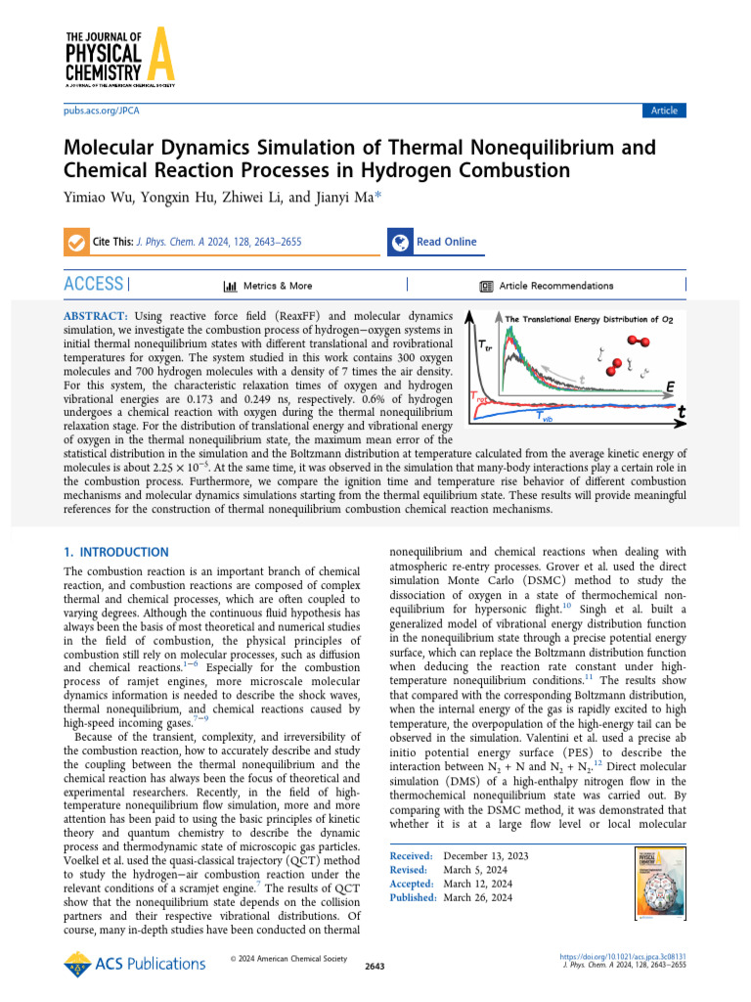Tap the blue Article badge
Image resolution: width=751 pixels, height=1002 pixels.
click(x=664, y=111)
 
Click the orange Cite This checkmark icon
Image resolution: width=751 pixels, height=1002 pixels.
click(x=74, y=242)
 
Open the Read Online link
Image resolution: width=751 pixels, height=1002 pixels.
click(x=446, y=242)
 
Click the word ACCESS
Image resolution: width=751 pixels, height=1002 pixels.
click(x=93, y=285)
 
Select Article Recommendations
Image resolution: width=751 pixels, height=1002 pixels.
click(x=556, y=286)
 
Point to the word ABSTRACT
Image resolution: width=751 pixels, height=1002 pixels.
click(x=95, y=318)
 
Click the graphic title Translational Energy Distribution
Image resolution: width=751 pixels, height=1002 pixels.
click(x=588, y=319)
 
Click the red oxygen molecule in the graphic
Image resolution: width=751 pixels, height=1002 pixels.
click(x=634, y=341)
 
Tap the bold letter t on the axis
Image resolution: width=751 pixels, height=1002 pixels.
click(x=682, y=415)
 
